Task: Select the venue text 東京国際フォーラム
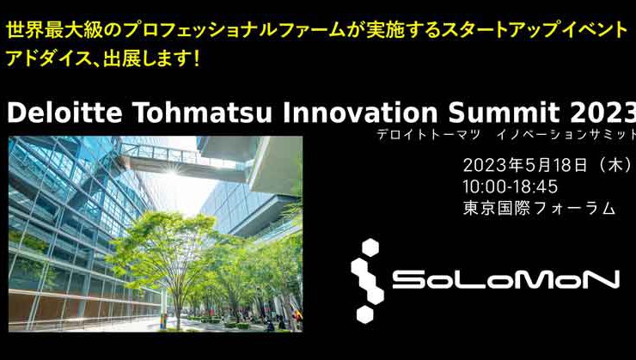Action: click(x=539, y=207)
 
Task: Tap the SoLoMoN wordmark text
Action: click(x=505, y=280)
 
